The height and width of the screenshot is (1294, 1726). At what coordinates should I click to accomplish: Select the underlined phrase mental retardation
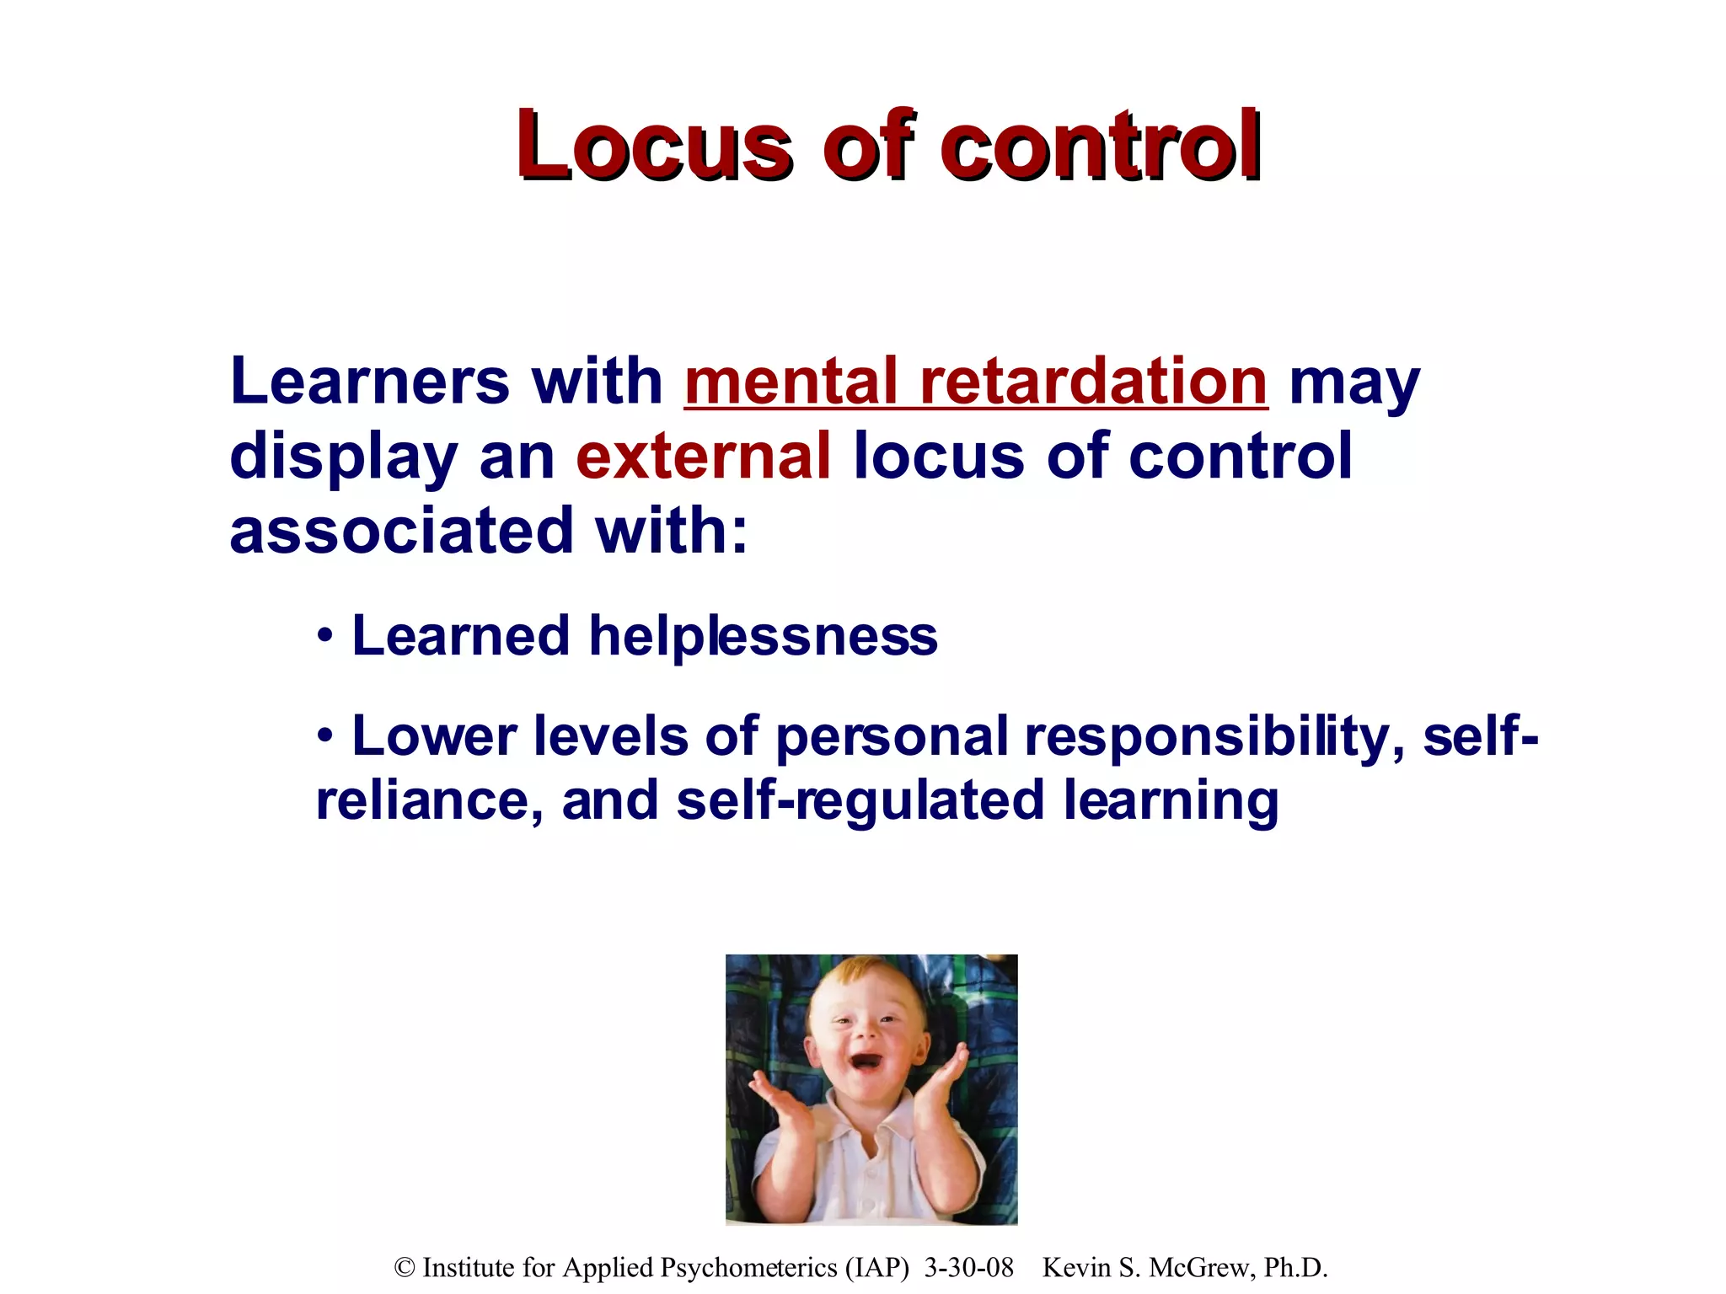pyautogui.click(x=976, y=382)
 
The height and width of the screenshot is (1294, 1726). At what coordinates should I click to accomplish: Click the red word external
pyautogui.click(x=704, y=457)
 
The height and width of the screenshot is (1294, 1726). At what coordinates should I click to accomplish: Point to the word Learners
pyautogui.click(x=369, y=382)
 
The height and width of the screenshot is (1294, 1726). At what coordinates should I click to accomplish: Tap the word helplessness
pyautogui.click(x=763, y=636)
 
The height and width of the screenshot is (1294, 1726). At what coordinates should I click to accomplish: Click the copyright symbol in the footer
pyautogui.click(x=405, y=1267)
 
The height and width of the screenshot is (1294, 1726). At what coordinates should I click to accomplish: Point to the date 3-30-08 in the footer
pyautogui.click(x=969, y=1267)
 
